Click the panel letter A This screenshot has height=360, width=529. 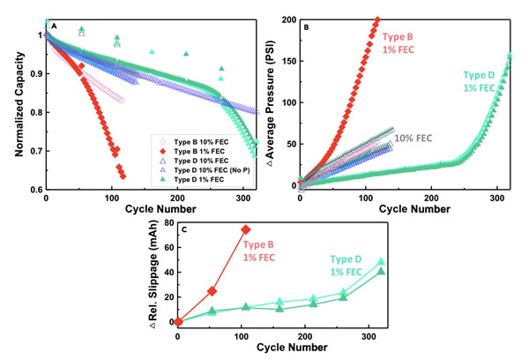coord(55,26)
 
